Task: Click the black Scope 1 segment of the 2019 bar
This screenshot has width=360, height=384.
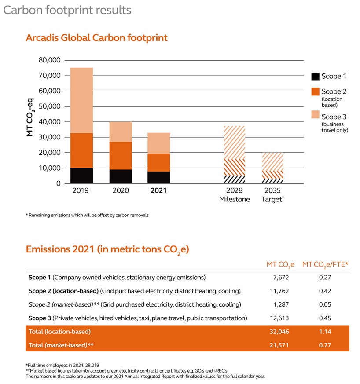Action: point(81,176)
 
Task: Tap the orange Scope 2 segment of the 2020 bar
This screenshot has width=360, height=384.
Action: point(120,156)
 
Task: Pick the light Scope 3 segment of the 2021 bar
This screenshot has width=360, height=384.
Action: point(158,143)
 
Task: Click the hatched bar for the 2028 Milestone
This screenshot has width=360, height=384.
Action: point(235,154)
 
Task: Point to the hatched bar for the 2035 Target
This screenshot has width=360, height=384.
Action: point(273,168)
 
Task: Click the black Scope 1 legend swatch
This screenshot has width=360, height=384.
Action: point(315,77)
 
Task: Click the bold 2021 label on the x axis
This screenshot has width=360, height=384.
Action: point(158,191)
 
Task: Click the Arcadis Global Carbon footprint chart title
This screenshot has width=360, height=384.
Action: point(96,38)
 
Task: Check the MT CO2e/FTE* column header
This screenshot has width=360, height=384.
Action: point(325,264)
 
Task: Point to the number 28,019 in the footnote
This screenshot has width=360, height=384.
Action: point(82,365)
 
